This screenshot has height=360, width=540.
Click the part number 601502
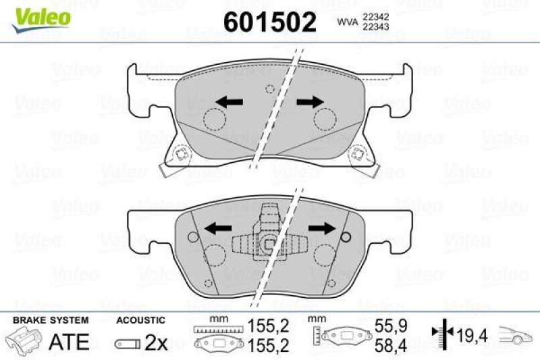[269, 23]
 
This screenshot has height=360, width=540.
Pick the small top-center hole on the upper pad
[269, 88]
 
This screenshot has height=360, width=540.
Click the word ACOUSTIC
[140, 319]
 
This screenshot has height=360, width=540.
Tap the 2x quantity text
[157, 342]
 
